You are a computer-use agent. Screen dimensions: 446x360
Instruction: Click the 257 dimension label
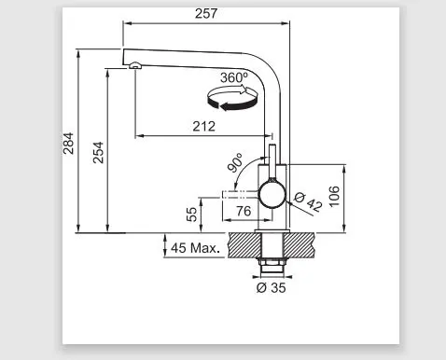(x=206, y=14)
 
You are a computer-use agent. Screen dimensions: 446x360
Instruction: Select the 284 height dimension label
(x=68, y=144)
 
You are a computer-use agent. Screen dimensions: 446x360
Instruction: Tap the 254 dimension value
(x=98, y=152)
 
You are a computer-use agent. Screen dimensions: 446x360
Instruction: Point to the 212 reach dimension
(x=203, y=127)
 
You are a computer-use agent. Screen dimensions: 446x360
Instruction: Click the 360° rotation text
(x=234, y=77)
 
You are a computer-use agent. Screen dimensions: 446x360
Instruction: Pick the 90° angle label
(x=235, y=162)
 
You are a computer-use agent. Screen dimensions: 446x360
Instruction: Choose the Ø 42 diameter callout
(x=308, y=202)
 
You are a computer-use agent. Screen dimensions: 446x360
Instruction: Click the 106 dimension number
(x=334, y=196)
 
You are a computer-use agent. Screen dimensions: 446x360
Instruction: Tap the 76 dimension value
(x=244, y=212)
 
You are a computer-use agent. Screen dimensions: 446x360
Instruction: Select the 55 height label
(x=192, y=215)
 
